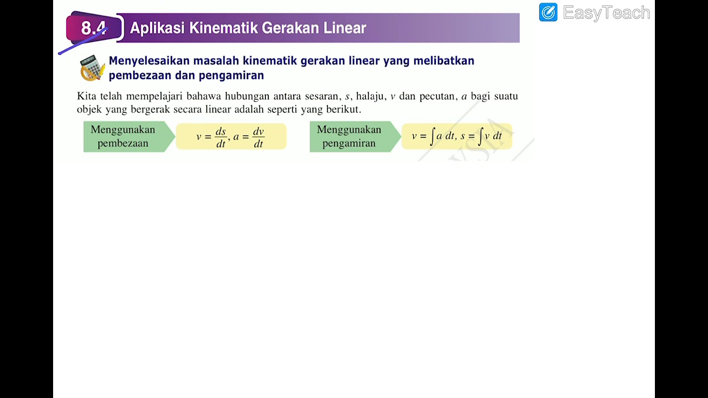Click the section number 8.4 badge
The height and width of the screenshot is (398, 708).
point(93,28)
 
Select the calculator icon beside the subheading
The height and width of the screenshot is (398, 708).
point(92,68)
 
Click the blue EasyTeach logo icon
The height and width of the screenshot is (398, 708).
point(548,12)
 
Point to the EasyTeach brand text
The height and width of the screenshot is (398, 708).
point(606,13)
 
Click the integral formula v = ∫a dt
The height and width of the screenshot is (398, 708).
point(433,136)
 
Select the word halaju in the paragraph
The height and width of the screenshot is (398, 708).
point(370,96)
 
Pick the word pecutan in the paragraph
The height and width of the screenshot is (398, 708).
point(436,96)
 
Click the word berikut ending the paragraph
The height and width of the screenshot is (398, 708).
point(343,109)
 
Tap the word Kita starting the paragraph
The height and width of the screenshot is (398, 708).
point(87,96)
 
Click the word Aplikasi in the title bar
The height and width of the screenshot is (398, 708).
point(157,28)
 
